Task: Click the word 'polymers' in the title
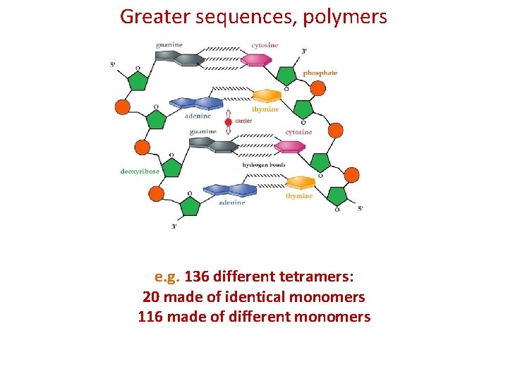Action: click(345, 16)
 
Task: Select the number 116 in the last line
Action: click(150, 317)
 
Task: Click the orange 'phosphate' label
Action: click(320, 73)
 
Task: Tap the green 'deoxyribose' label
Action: click(140, 171)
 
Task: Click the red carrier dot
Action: click(228, 122)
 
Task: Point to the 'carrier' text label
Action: click(243, 121)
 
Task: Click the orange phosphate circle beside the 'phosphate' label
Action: click(318, 88)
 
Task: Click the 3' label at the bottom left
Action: click(175, 226)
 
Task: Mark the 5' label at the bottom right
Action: click(361, 209)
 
